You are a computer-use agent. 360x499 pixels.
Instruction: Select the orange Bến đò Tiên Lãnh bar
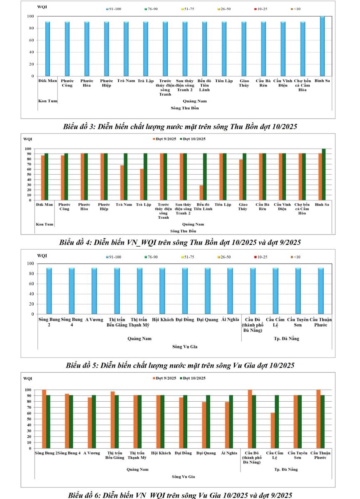click(x=201, y=193)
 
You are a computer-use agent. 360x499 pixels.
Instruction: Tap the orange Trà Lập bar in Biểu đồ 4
click(x=142, y=184)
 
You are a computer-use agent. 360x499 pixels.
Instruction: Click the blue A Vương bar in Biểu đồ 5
click(x=94, y=291)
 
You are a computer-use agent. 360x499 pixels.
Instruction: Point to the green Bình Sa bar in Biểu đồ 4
click(x=324, y=174)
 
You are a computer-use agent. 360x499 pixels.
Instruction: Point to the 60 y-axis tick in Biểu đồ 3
click(x=31, y=40)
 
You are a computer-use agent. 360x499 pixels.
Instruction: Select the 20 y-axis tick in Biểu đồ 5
click(x=31, y=304)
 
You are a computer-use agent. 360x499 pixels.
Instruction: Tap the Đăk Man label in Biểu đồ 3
click(x=45, y=81)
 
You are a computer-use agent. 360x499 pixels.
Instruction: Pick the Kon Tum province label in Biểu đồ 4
click(x=45, y=225)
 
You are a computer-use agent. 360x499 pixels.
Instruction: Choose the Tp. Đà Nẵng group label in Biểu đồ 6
click(x=287, y=469)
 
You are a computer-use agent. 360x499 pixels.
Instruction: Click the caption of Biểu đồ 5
click(x=180, y=366)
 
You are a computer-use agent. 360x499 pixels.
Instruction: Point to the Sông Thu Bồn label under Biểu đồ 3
click(x=185, y=108)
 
